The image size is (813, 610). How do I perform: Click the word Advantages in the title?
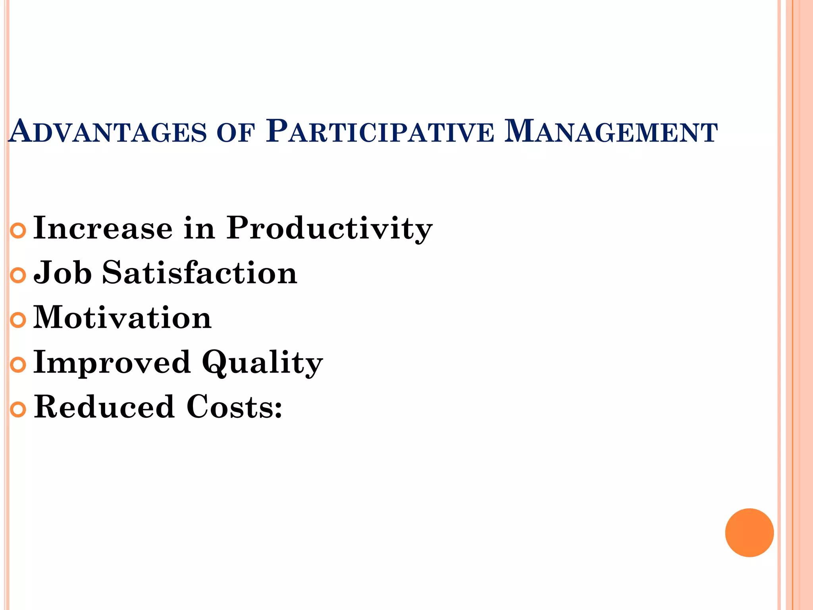click(107, 132)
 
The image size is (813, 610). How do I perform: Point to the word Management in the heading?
click(611, 132)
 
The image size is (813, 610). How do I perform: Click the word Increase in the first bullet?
click(103, 228)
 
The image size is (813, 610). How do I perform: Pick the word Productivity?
click(329, 229)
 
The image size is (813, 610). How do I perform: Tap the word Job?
click(63, 273)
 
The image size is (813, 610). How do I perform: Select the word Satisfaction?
click(200, 273)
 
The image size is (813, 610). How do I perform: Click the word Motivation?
click(122, 318)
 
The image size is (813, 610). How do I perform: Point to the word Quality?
click(262, 363)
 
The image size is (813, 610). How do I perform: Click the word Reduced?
click(104, 407)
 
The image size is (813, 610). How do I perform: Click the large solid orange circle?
click(749, 533)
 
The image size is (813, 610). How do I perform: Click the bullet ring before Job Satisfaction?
click(18, 275)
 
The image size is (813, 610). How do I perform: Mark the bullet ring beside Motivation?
click(18, 320)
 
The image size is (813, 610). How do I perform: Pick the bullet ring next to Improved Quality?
click(18, 365)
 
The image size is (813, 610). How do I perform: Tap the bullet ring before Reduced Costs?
click(18, 409)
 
